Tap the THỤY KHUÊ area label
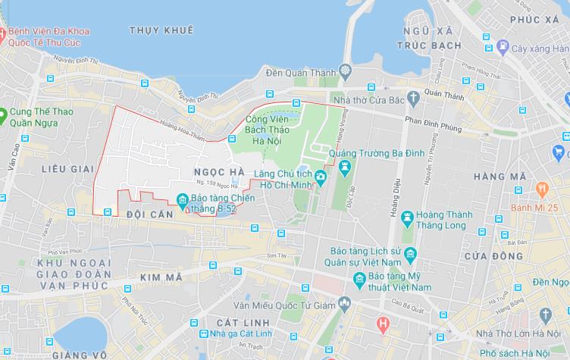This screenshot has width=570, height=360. pos(161,30)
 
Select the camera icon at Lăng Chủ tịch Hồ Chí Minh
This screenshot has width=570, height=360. pos(321,177)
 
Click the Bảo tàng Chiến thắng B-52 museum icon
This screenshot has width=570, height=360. pos(182,200)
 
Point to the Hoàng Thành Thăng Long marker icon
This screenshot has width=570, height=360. pos(407,217)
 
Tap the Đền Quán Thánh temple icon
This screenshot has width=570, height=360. pos(346,73)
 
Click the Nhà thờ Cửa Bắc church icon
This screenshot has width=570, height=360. pos(412,97)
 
